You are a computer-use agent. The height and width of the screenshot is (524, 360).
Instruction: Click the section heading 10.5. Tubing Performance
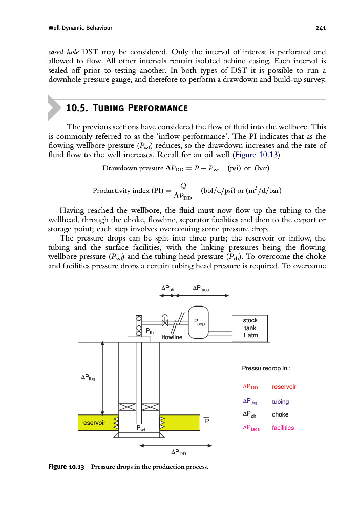[x=126, y=108]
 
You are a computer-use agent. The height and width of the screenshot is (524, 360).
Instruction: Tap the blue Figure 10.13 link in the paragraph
[x=253, y=155]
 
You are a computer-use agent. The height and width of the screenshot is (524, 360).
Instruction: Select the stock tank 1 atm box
[x=250, y=328]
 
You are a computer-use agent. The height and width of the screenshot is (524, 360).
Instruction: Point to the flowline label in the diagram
[x=172, y=337]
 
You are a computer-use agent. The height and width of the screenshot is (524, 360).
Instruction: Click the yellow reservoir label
[x=93, y=423]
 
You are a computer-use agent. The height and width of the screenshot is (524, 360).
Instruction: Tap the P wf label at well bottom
[x=141, y=428]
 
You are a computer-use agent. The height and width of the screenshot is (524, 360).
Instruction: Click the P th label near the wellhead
[x=150, y=332]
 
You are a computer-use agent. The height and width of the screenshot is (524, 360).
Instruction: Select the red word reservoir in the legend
[x=284, y=387]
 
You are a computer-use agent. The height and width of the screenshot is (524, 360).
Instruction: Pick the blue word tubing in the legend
[x=280, y=401]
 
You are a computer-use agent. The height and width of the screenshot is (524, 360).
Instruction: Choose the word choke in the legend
[x=280, y=414]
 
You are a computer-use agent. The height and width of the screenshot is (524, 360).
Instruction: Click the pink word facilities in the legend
[x=283, y=428]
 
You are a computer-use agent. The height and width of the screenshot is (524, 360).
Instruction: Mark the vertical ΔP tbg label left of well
[x=88, y=378]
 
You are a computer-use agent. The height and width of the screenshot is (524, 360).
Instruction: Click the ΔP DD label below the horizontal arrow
[x=178, y=452]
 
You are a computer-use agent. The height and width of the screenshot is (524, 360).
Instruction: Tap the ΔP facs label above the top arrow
[x=200, y=289]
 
